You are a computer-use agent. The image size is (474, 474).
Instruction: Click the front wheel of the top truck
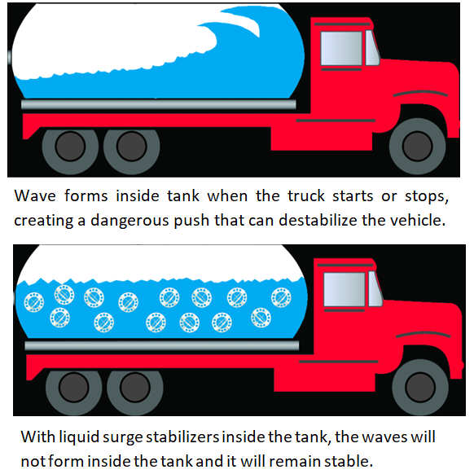[x=417, y=147]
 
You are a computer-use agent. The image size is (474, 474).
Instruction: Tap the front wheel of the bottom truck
[x=420, y=387]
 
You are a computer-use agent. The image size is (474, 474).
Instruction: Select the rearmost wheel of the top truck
[x=70, y=147]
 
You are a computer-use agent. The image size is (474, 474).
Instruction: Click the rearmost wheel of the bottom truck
[x=74, y=388]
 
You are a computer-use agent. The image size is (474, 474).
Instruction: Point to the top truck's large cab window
[x=341, y=48]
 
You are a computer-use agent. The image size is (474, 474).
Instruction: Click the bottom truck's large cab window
[x=345, y=290]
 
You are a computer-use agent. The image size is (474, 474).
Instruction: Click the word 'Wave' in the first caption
[x=35, y=196]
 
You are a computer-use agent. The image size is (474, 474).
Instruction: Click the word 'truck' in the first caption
[x=306, y=196]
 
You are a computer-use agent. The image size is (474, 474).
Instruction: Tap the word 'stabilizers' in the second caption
[x=182, y=437]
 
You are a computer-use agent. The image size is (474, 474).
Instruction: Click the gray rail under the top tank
[x=158, y=104]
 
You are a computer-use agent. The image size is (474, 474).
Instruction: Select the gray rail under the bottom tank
[x=162, y=345]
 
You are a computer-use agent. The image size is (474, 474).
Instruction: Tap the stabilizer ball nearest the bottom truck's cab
[x=281, y=297]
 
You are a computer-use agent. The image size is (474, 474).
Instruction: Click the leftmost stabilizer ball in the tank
[x=34, y=302]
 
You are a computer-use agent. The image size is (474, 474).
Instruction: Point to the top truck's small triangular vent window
[x=372, y=48]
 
